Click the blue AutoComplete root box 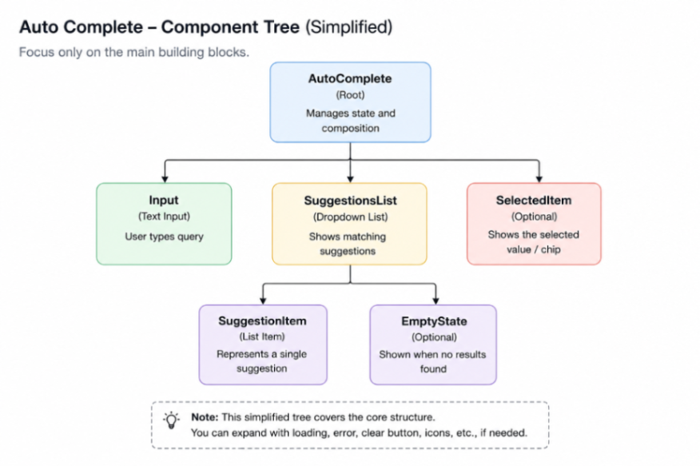click(x=351, y=102)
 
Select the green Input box click(x=165, y=224)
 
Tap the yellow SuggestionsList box click(x=349, y=224)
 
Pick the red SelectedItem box click(x=534, y=224)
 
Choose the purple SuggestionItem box click(x=263, y=345)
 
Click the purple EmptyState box click(x=433, y=345)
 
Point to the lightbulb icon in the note click(x=172, y=420)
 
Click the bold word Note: click(x=205, y=417)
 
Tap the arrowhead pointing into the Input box click(x=165, y=179)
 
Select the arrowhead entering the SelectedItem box click(x=539, y=179)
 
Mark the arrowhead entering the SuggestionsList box click(x=351, y=179)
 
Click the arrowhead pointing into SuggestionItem click(x=263, y=301)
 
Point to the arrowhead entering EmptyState click(x=436, y=301)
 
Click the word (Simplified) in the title click(x=348, y=27)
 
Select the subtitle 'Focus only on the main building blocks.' click(x=134, y=52)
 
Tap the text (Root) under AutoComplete click(x=351, y=95)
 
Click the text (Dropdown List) click(x=351, y=217)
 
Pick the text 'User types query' click(x=165, y=237)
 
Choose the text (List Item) click(x=262, y=337)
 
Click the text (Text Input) click(x=165, y=217)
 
